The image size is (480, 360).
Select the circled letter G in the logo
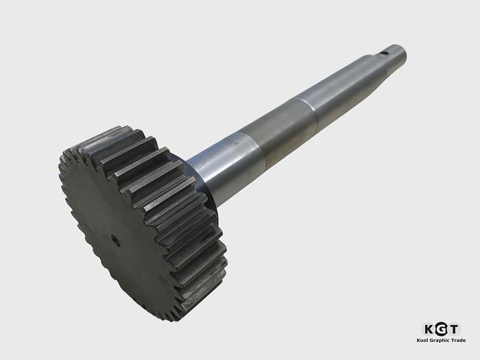pos(442,328)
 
